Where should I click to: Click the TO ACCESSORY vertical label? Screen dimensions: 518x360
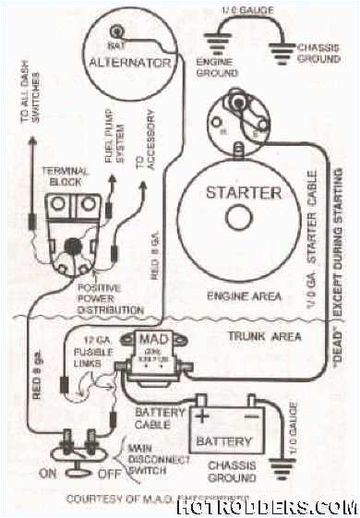(141, 148)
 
